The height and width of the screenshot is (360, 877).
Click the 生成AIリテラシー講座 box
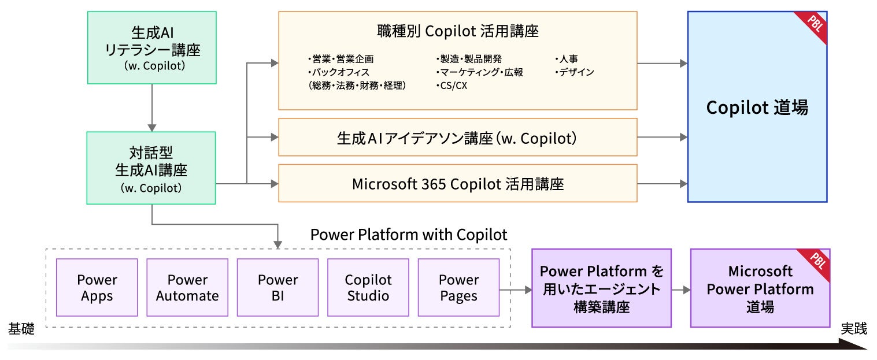(152, 48)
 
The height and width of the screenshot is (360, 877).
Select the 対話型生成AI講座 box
(151, 168)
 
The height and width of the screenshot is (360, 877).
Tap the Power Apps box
(97, 287)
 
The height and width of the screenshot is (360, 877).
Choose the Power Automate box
(187, 287)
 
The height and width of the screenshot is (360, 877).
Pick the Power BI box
(278, 287)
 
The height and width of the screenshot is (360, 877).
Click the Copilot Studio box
(368, 287)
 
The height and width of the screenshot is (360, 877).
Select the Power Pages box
(459, 287)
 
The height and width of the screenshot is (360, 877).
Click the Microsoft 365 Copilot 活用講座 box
(458, 183)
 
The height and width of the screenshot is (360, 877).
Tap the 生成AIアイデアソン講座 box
(458, 138)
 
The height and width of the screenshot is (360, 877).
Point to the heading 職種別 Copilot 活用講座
(458, 31)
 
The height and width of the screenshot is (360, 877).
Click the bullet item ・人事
(566, 59)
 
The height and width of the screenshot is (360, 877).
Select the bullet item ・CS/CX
(452, 86)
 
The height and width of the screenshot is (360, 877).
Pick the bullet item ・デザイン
(574, 72)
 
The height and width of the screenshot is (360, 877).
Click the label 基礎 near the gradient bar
(21, 328)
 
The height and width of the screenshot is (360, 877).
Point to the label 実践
(854, 328)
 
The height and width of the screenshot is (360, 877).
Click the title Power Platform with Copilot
(409, 235)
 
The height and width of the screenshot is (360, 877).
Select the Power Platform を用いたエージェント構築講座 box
(602, 288)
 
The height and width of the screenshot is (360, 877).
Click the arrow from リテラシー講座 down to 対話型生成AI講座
(152, 108)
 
